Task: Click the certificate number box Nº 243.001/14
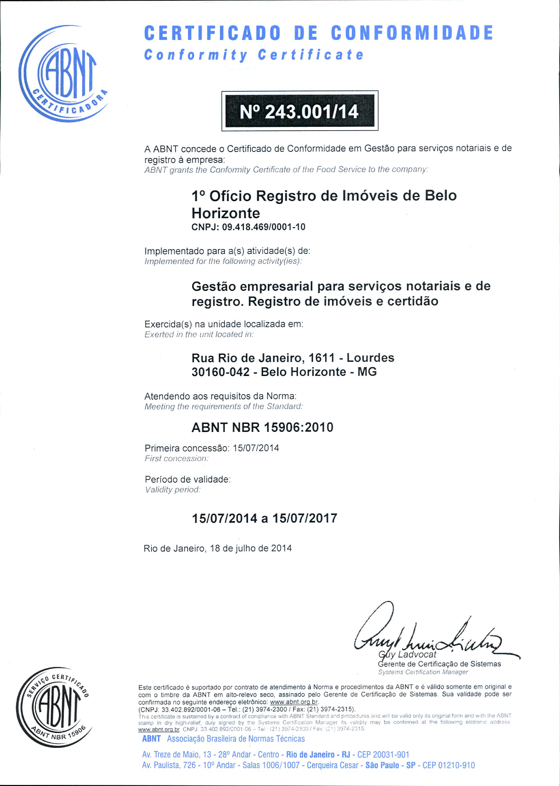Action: click(x=299, y=111)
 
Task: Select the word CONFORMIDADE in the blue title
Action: click(x=412, y=33)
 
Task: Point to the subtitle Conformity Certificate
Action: click(x=254, y=55)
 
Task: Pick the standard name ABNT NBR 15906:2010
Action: click(x=262, y=428)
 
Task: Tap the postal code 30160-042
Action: click(x=220, y=372)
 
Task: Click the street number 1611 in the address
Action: click(x=322, y=358)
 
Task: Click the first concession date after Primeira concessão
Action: click(x=256, y=448)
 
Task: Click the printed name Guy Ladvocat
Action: click(x=407, y=654)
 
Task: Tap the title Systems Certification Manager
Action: click(x=423, y=672)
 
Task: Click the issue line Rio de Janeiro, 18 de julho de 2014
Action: click(x=218, y=548)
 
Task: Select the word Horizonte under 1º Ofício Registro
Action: click(x=225, y=213)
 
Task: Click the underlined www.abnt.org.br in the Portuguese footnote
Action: click(x=294, y=702)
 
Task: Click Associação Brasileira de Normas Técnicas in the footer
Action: click(x=236, y=739)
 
